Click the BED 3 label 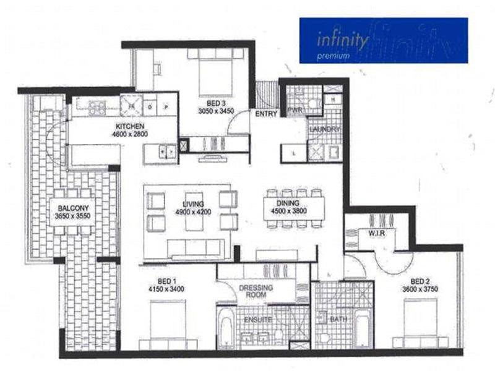tap(213, 103)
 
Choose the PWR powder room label tap(293, 110)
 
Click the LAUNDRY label tap(325, 129)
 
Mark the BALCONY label tap(73, 208)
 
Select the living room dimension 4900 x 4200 tap(194, 211)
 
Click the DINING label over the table tap(288, 203)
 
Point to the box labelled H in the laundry tap(333, 100)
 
